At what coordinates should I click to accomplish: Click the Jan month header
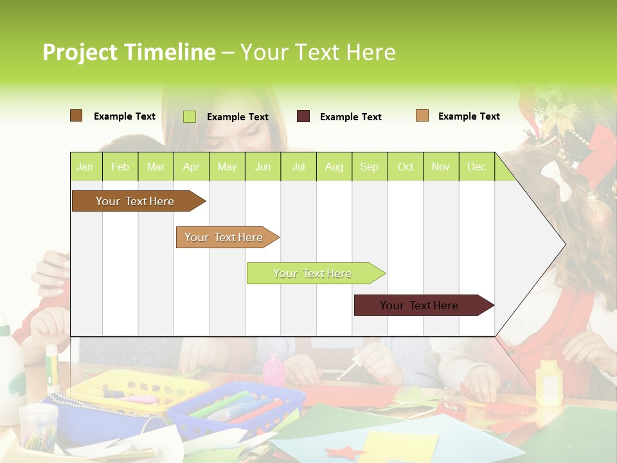pos(85,167)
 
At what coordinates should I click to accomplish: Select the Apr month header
pos(191,167)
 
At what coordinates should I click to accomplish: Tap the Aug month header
pos(334,167)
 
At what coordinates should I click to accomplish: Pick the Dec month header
pos(476,167)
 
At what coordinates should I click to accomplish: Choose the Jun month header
pos(263,167)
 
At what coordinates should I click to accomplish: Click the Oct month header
pos(406,167)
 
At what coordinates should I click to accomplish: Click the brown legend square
pos(76,116)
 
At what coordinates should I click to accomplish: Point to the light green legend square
pos(190,116)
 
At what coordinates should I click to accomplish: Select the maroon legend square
pos(303,116)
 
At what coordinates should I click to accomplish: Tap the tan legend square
pos(422,116)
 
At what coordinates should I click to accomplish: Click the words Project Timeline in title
pos(129,52)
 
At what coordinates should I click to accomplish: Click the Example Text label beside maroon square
pos(350,117)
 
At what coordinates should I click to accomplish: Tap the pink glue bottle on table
pos(274,370)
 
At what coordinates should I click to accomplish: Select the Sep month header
pos(369,167)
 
